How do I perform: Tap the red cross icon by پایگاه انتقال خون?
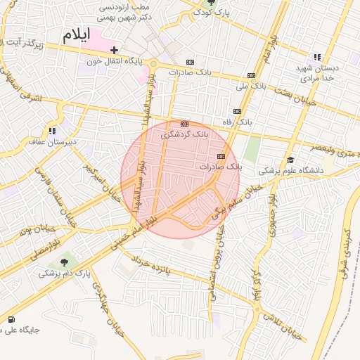click(x=114, y=50)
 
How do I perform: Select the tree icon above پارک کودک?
click(x=212, y=2)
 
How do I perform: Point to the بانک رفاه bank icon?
click(x=237, y=111)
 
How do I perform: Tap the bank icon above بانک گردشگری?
click(x=185, y=123)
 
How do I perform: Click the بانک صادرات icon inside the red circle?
click(x=221, y=156)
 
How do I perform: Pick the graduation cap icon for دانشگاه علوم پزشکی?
click(x=289, y=160)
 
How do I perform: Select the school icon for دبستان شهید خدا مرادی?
click(x=317, y=57)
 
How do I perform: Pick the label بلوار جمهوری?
click(x=271, y=214)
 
